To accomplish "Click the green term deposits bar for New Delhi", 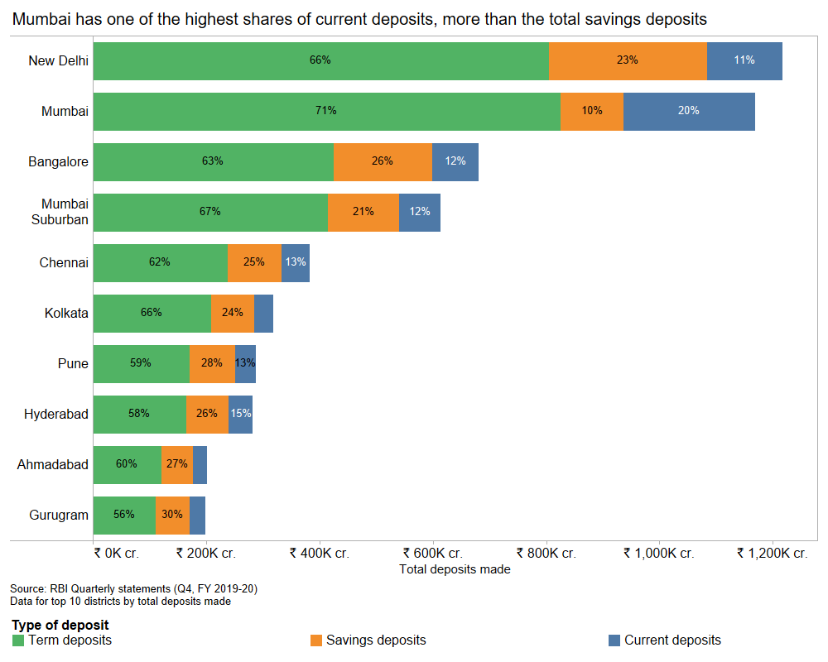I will pos(320,60).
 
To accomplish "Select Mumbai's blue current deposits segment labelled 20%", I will pos(689,111).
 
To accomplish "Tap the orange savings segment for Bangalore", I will pos(383,161).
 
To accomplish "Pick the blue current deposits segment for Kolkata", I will pos(263,313).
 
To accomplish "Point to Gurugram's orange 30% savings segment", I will pos(172,515).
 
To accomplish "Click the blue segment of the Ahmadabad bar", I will pos(200,464).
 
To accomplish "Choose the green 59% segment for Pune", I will pos(141,363).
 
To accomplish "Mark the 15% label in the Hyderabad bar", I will pos(240,414).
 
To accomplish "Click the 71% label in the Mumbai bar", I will pos(325,111).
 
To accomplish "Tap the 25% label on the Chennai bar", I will pos(254,262).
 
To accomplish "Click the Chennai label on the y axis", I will pos(64,263).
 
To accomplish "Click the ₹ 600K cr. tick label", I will pos(432,554).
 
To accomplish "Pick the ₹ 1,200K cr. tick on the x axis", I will pos(773,554).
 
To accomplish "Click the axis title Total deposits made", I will pos(455,569).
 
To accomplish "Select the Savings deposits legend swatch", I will pos(315,640).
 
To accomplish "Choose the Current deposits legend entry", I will pos(672,640).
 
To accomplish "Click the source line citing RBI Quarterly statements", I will pos(133,589).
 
